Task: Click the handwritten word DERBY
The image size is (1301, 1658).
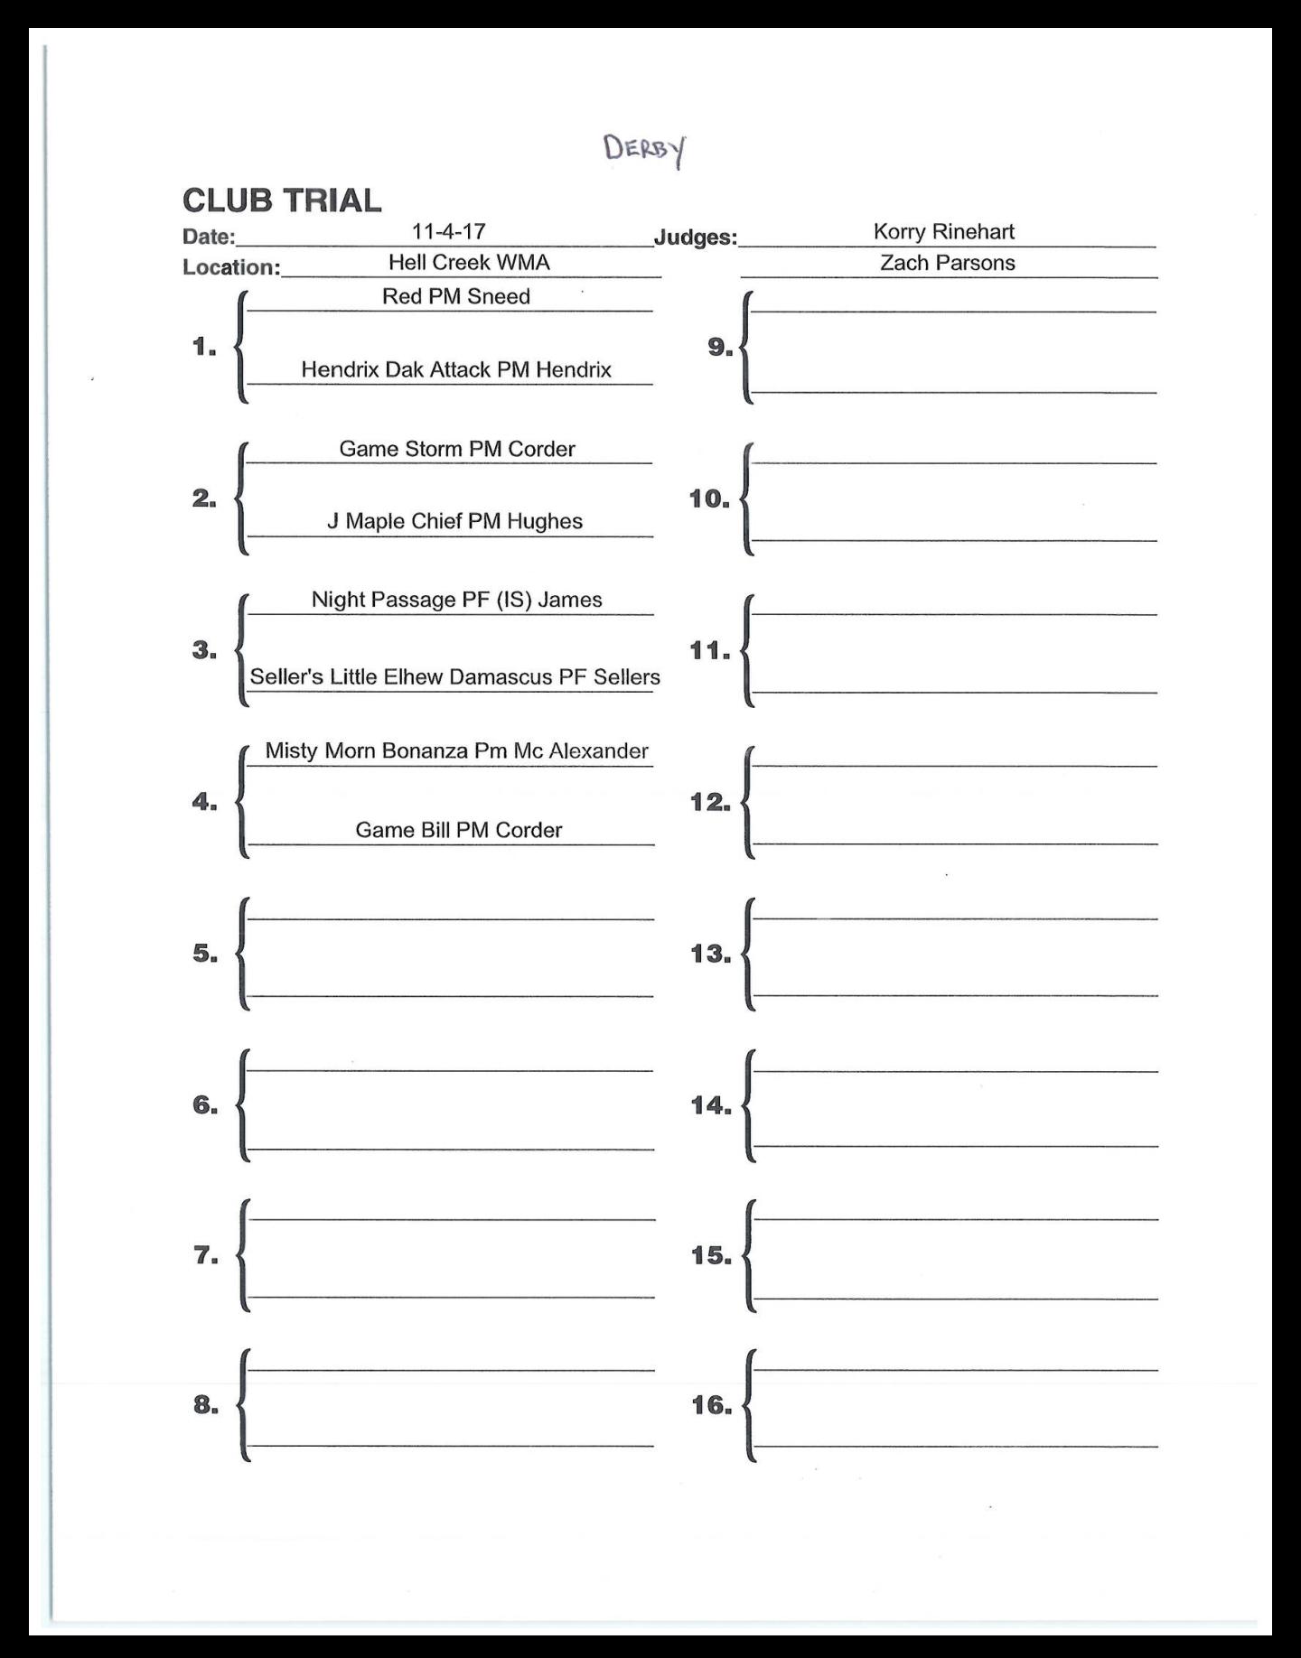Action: (645, 150)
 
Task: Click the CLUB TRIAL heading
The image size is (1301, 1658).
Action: (282, 200)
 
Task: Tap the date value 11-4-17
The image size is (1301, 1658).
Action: (449, 231)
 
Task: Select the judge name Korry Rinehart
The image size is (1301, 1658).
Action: (943, 231)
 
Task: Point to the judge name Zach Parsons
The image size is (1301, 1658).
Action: (947, 263)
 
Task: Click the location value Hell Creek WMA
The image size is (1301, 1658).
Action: (469, 262)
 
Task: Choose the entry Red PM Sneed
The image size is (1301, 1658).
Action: (455, 296)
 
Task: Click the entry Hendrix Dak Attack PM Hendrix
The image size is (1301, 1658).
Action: (455, 369)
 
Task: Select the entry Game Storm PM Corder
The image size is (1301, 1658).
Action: (456, 449)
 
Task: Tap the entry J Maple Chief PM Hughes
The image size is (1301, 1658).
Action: (454, 521)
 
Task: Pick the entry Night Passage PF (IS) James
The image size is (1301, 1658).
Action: (456, 600)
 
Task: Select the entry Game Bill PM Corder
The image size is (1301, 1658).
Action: (458, 830)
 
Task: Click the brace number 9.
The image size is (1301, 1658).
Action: (720, 347)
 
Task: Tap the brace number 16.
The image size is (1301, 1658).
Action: (711, 1404)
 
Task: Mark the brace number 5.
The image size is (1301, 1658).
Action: (205, 954)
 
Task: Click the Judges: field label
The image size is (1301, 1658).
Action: (695, 238)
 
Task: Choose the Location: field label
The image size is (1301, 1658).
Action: (231, 268)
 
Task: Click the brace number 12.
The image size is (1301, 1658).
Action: (710, 802)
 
